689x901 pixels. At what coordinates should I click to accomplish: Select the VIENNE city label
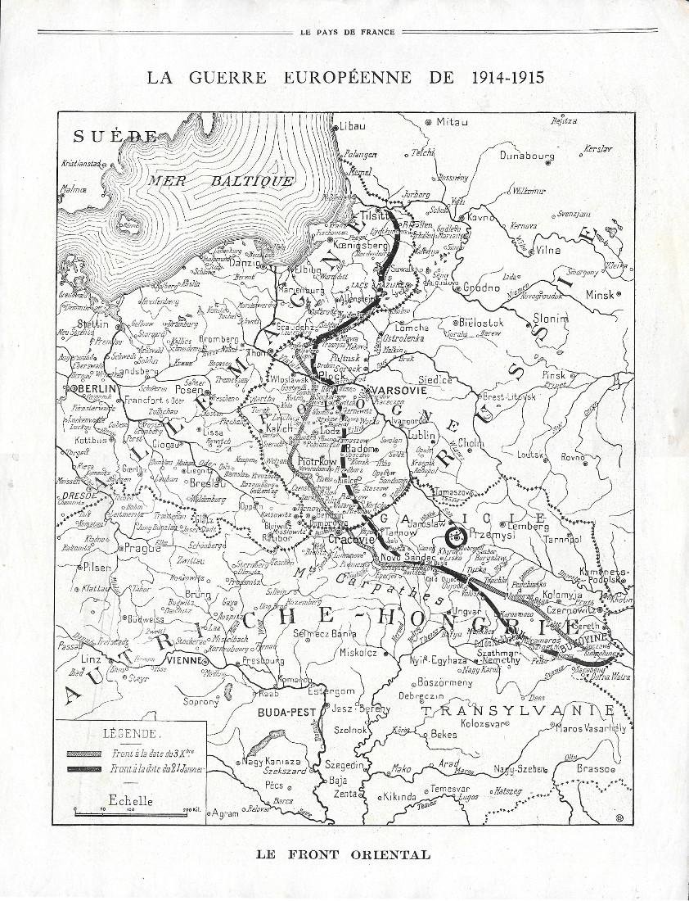[189, 660]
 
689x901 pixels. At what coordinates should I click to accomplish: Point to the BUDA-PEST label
[281, 713]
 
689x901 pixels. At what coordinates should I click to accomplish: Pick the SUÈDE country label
[114, 137]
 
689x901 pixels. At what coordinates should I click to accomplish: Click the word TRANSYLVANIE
[516, 710]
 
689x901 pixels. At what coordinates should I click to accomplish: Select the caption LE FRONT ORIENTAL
[343, 854]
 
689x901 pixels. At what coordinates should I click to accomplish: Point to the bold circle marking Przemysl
[451, 537]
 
